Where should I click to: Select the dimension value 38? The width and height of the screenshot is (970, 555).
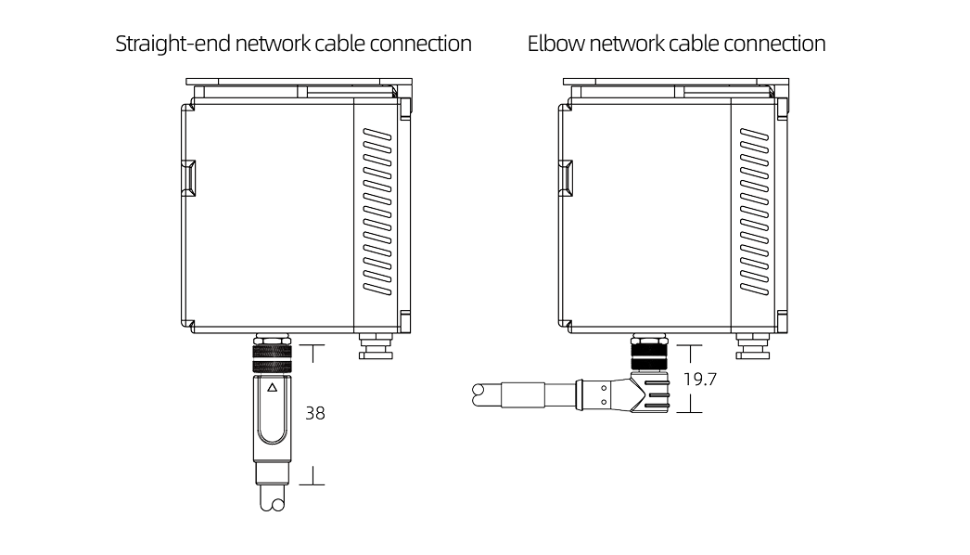click(315, 414)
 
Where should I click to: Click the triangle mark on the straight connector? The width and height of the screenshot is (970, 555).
click(272, 389)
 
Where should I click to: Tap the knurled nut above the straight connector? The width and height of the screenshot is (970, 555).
click(271, 355)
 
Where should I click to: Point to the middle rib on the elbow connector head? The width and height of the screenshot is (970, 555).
click(657, 394)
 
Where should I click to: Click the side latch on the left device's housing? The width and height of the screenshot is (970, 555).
click(190, 178)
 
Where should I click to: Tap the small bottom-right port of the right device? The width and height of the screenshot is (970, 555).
click(751, 348)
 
